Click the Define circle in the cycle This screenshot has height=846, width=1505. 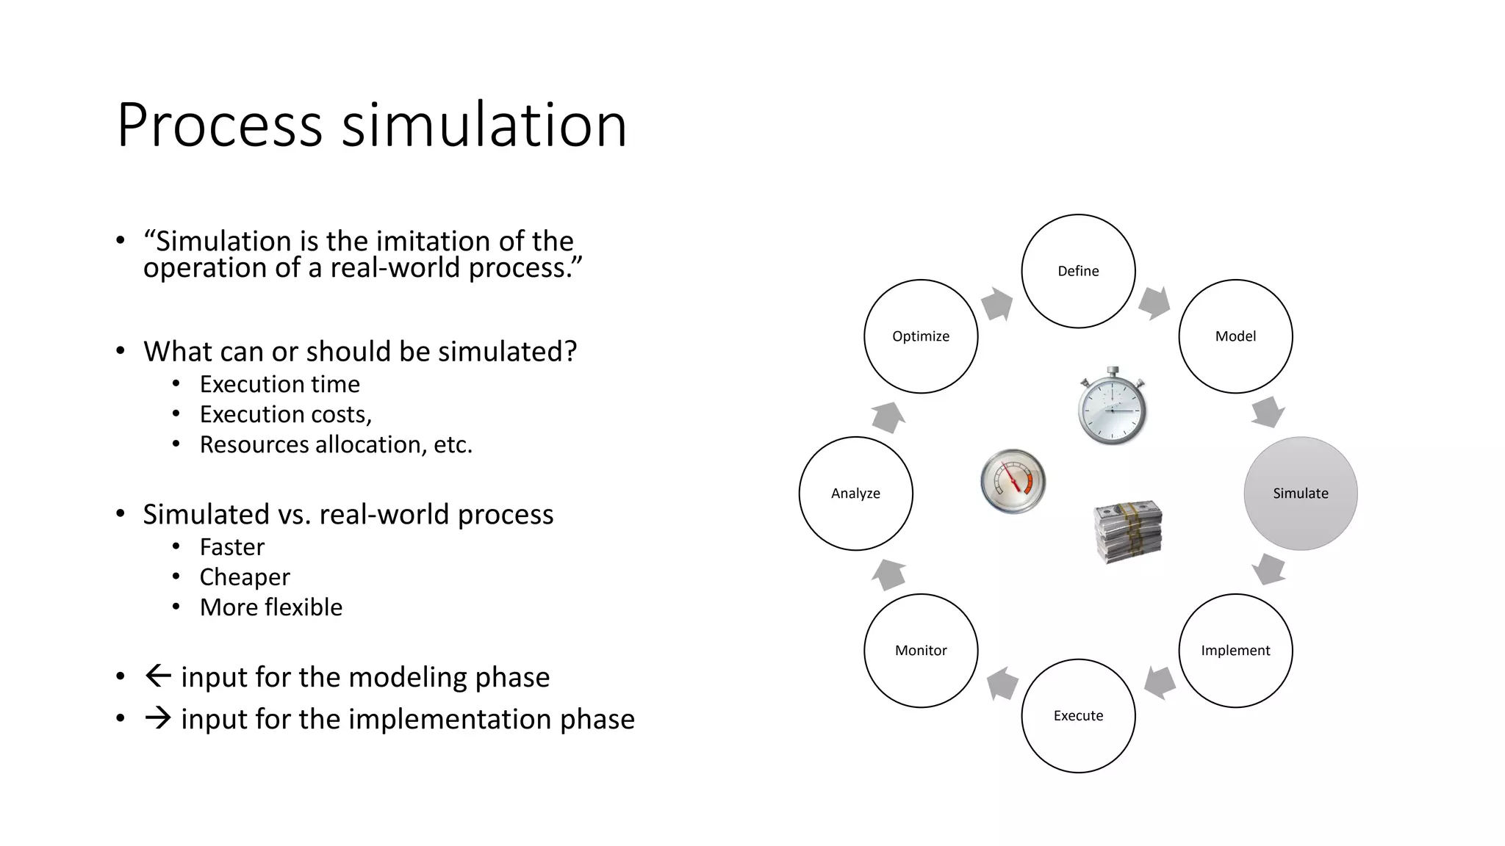(x=1078, y=271)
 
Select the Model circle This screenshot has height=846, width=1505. (x=1235, y=336)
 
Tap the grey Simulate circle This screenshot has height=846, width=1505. (x=1300, y=493)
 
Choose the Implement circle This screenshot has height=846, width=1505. (x=1235, y=651)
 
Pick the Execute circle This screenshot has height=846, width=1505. (x=1078, y=716)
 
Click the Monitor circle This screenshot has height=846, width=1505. (x=921, y=651)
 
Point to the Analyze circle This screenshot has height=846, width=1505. (x=855, y=493)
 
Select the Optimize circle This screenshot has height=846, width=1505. (x=921, y=336)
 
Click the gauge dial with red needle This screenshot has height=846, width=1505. (x=1013, y=481)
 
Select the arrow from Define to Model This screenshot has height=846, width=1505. (x=1154, y=303)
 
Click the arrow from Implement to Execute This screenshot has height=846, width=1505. (x=1160, y=683)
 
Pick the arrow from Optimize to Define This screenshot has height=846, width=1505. (x=997, y=303)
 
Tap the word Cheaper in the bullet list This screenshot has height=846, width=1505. (x=245, y=577)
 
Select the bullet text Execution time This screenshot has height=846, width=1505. (x=279, y=384)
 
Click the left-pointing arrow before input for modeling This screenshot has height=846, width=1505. (x=158, y=676)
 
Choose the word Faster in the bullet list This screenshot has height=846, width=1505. (x=231, y=547)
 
